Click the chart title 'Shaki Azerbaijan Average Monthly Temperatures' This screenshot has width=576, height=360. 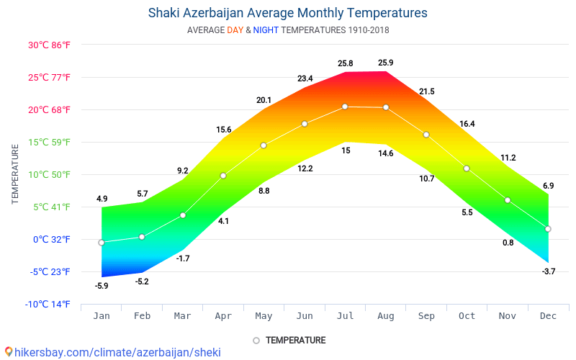click(x=287, y=13)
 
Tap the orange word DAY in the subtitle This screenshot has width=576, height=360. click(x=235, y=30)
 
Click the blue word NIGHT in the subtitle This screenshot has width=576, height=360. click(x=266, y=30)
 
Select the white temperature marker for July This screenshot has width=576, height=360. click(x=345, y=107)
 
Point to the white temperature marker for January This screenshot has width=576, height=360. click(x=102, y=243)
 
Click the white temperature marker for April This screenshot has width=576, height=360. click(x=223, y=176)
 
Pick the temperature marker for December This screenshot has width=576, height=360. click(x=548, y=229)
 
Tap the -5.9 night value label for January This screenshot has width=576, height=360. click(x=102, y=286)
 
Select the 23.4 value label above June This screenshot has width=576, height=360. click(x=305, y=78)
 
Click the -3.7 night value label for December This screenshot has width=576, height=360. click(x=548, y=271)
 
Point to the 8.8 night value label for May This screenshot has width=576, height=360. click(x=264, y=191)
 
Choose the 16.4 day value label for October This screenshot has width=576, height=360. click(x=467, y=124)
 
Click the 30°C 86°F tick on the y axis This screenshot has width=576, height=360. click(x=50, y=45)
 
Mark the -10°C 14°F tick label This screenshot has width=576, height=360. click(x=48, y=304)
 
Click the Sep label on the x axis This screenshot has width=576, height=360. click(x=426, y=315)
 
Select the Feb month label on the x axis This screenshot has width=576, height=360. click(x=142, y=315)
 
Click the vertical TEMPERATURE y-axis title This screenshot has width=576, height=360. click(x=15, y=174)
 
